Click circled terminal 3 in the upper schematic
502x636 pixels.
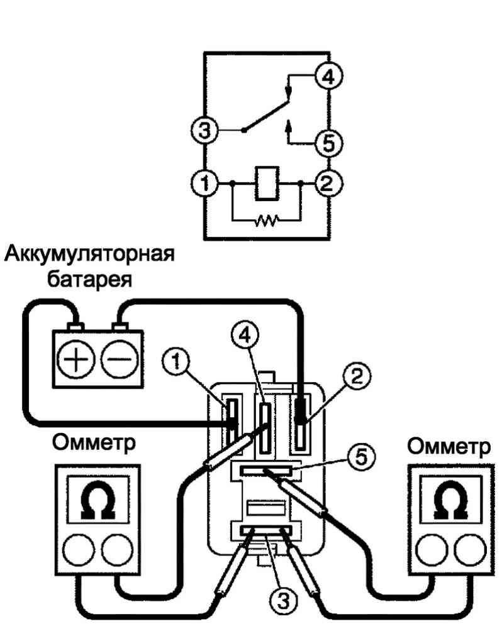[x=203, y=131]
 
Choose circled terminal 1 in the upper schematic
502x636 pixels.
[x=203, y=184]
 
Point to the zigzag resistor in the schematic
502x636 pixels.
[x=265, y=220]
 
